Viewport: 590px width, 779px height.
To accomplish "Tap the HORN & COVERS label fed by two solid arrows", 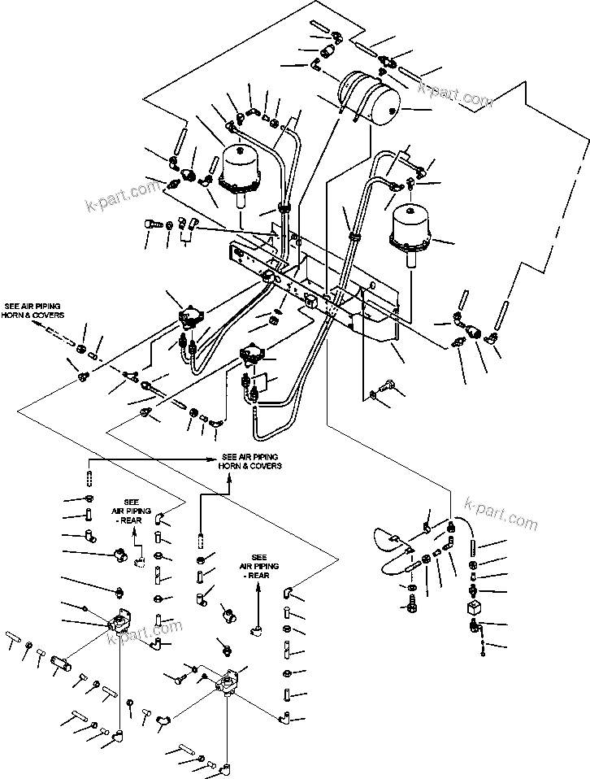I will (x=249, y=462).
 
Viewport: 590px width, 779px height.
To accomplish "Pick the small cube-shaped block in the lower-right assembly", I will (x=474, y=607).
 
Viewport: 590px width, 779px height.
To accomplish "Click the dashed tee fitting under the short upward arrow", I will (x=140, y=561).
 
